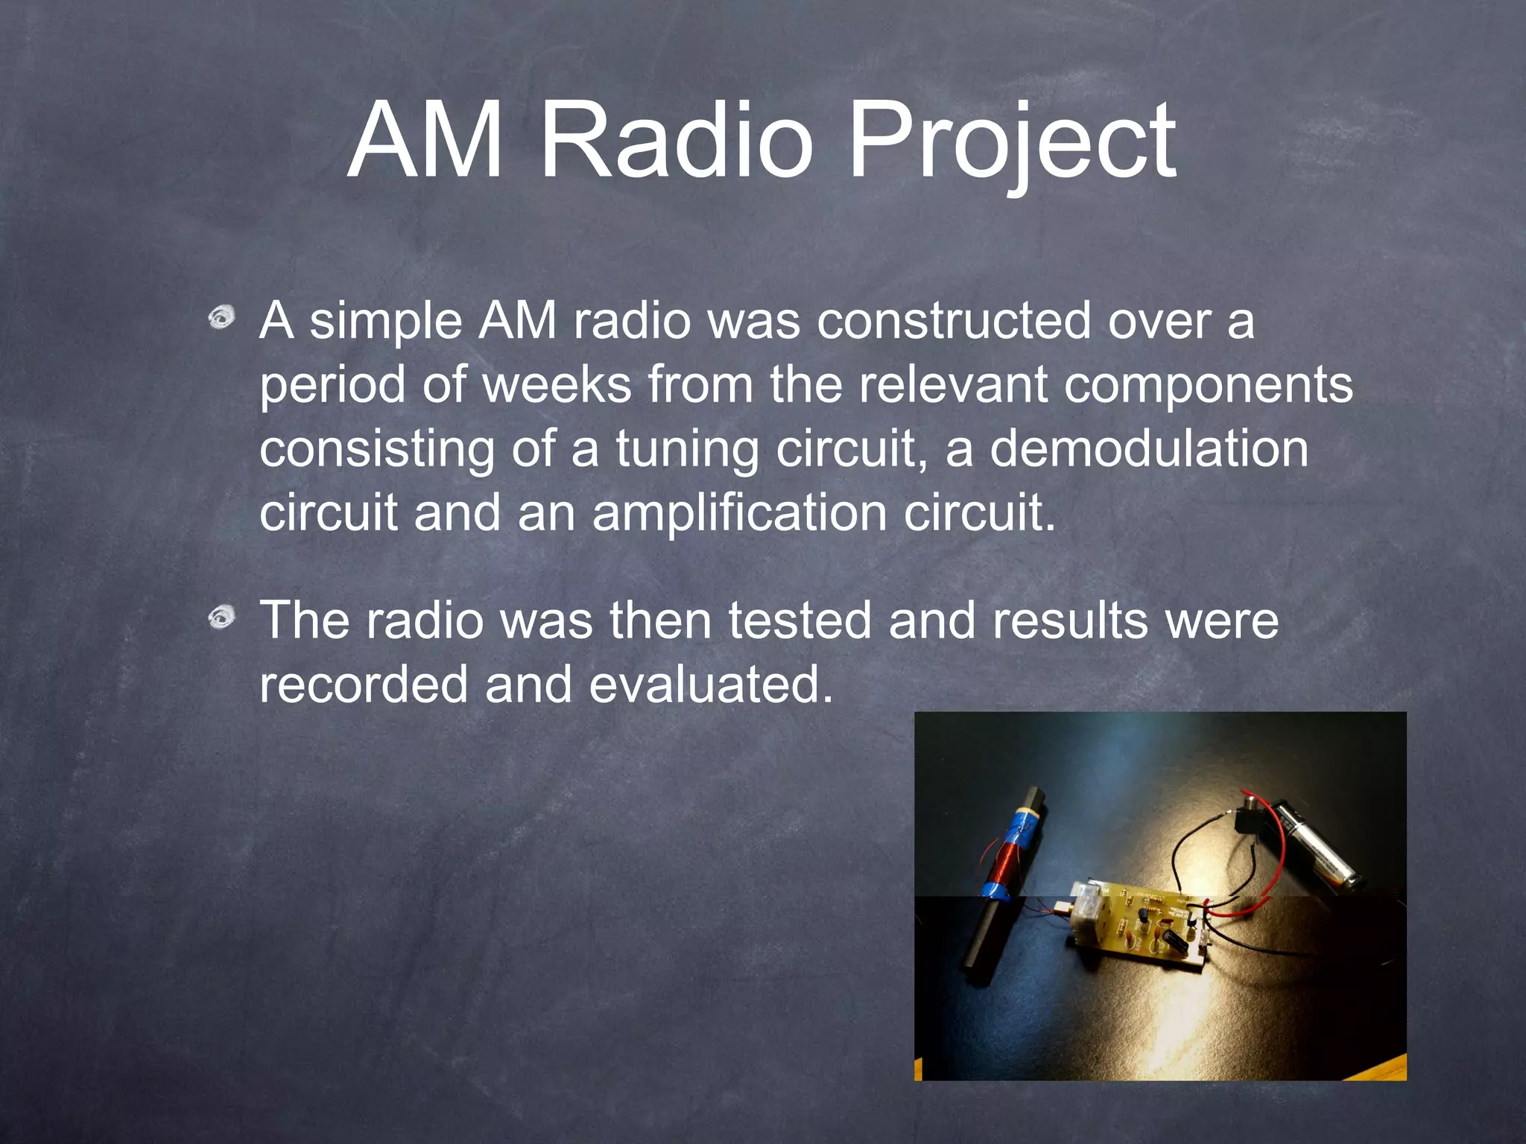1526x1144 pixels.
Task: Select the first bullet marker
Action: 221,318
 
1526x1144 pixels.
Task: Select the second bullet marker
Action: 221,617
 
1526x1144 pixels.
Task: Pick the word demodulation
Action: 1148,449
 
